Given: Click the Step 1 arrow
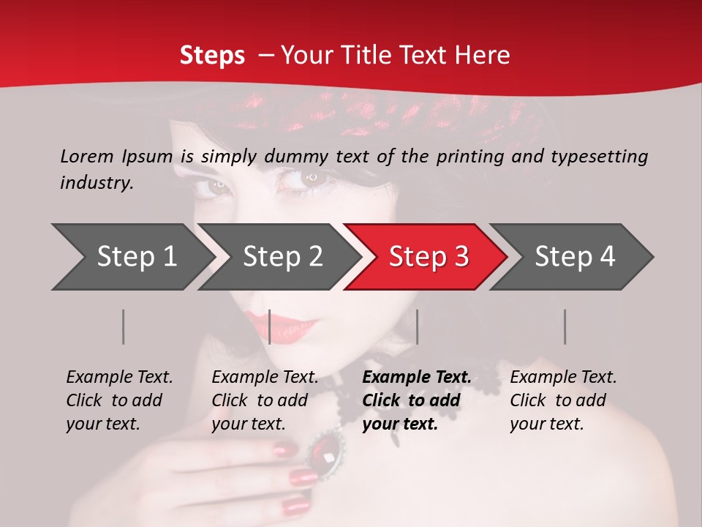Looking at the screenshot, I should click(135, 257).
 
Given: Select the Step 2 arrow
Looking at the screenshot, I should click(282, 257).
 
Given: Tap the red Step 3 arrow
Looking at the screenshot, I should click(428, 257).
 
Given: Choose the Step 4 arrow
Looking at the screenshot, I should click(574, 257).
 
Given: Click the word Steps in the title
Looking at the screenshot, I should click(212, 56).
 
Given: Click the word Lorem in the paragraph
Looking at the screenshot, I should click(87, 156).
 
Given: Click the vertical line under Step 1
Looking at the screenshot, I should click(124, 326).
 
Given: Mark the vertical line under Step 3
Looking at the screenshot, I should click(417, 326).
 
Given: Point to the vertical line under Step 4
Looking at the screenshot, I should click(565, 326).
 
